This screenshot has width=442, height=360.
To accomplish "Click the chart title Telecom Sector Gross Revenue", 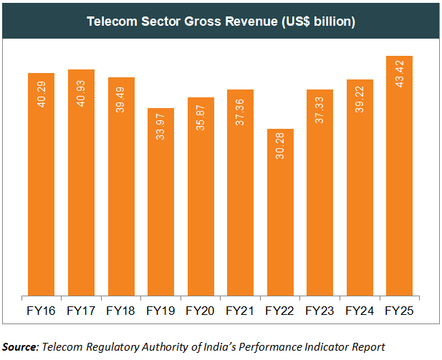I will click(x=221, y=21).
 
